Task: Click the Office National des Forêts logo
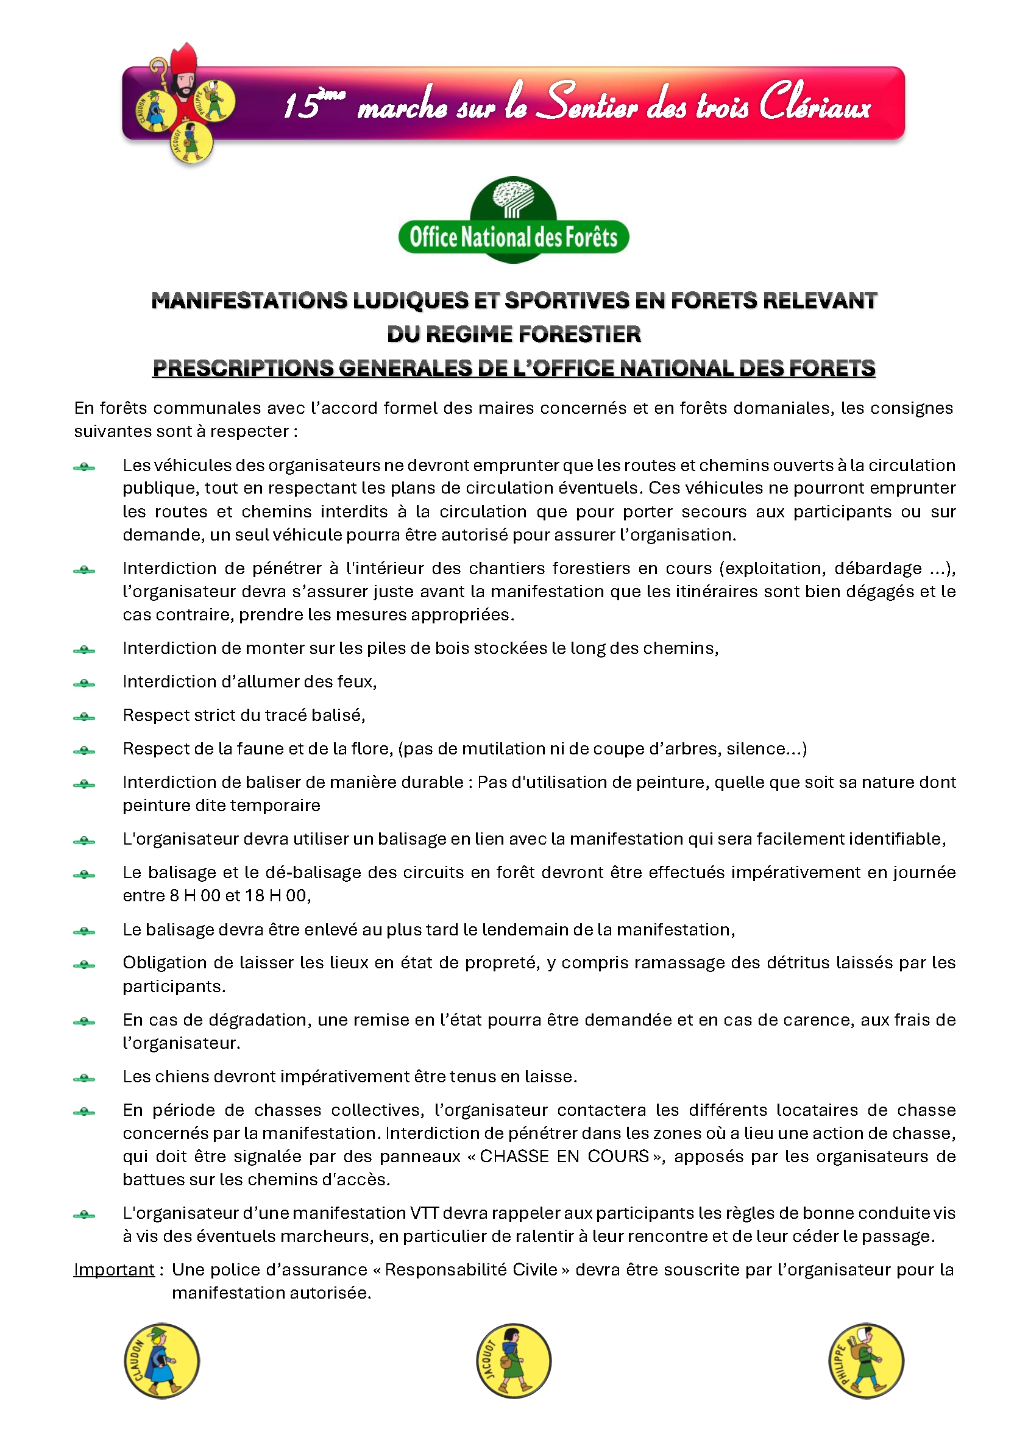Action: [513, 221]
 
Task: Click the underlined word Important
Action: [114, 1270]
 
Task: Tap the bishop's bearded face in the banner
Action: [183, 85]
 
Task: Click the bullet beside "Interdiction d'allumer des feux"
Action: [84, 683]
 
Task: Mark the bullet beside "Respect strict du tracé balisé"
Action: [84, 717]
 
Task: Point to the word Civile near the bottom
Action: [534, 1270]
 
